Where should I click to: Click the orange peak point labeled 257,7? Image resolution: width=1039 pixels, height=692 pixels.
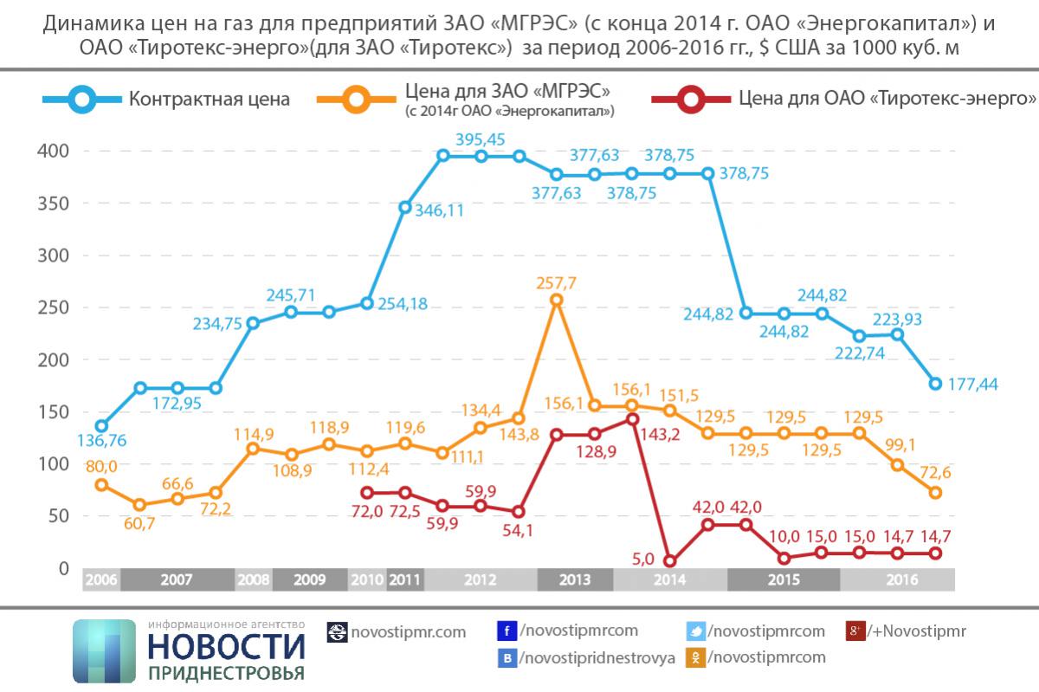click(557, 300)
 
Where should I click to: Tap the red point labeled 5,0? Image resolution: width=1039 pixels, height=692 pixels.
click(669, 560)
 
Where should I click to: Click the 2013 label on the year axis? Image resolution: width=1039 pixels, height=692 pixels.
click(575, 579)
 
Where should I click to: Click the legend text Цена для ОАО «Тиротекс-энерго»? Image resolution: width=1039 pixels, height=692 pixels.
click(887, 99)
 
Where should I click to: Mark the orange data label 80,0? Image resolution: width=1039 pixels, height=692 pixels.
click(100, 465)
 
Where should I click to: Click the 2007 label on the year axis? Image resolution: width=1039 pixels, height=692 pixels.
click(177, 579)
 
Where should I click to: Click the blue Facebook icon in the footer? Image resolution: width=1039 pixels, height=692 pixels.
click(507, 631)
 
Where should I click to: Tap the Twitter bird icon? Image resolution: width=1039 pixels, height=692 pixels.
click(696, 631)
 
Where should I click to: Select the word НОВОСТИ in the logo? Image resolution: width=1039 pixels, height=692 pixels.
click(227, 648)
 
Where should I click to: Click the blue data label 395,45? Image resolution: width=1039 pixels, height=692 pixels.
click(481, 139)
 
